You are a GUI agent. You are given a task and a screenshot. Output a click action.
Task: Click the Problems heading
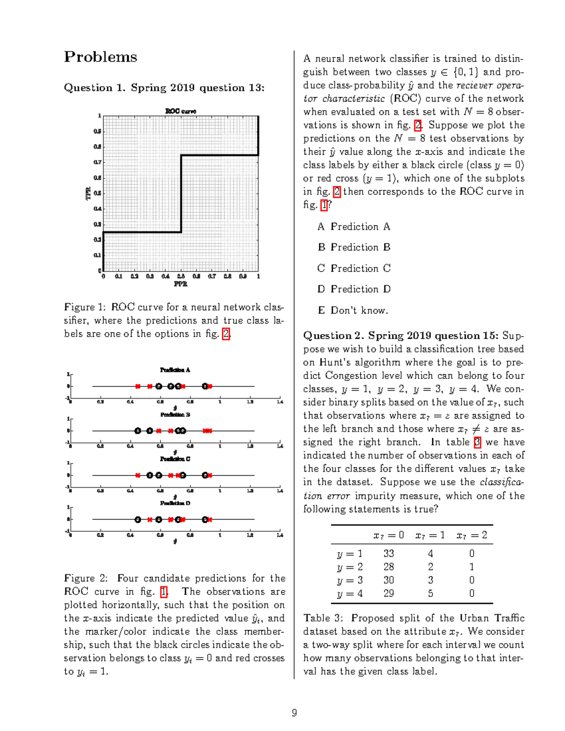point(100,57)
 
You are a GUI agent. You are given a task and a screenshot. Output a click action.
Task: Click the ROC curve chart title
point(181,111)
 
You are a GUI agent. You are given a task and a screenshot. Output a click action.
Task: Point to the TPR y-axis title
point(88,193)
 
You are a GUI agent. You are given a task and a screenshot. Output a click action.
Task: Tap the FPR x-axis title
point(181,284)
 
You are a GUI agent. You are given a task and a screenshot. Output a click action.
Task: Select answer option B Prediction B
point(354,247)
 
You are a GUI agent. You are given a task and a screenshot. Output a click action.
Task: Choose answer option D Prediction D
point(354,289)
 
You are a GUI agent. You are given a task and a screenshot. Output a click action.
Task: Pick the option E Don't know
point(353,310)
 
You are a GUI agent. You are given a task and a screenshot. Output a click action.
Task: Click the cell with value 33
point(388,554)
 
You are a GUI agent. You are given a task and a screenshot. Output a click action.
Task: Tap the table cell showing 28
point(388,567)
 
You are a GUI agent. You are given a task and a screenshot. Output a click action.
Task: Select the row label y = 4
point(350,594)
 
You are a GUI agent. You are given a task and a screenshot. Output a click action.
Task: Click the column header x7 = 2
point(472,535)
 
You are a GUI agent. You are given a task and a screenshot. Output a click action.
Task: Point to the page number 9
point(294,713)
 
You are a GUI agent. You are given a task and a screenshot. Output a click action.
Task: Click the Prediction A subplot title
point(175,370)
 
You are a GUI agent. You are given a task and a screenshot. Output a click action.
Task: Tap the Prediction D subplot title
point(175,503)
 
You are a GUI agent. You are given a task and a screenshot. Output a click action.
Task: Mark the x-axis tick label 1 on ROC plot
point(258,276)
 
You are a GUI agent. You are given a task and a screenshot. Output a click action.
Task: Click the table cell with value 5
point(430,594)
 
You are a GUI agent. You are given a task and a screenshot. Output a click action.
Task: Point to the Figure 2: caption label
point(86,578)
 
